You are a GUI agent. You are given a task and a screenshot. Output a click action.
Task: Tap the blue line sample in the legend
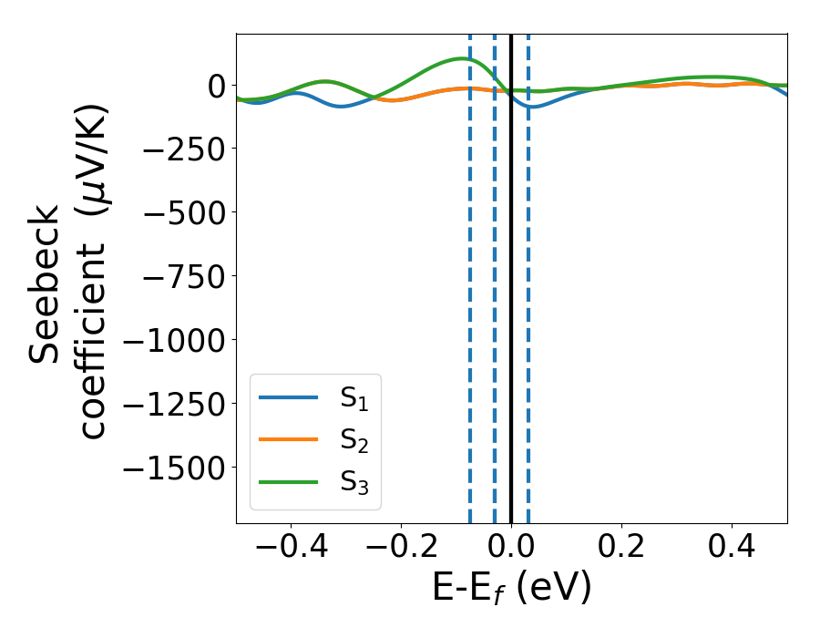pyautogui.click(x=289, y=397)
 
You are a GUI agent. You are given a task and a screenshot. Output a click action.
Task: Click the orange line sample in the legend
pyautogui.click(x=289, y=439)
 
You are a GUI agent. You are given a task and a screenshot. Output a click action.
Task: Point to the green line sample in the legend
pyautogui.click(x=289, y=481)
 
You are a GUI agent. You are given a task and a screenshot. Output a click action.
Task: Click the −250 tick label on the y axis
pyautogui.click(x=181, y=149)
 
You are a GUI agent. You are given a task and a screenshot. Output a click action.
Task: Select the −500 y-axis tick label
pyautogui.click(x=181, y=212)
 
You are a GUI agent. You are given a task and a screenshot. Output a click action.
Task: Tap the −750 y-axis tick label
pyautogui.click(x=181, y=276)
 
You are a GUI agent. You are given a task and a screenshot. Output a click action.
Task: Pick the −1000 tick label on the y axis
pyautogui.click(x=172, y=340)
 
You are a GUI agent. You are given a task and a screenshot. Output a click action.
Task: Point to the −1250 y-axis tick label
pyautogui.click(x=172, y=404)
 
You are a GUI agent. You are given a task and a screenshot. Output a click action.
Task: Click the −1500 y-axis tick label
pyautogui.click(x=172, y=468)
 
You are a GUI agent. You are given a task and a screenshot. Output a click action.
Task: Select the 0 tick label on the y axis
pyautogui.click(x=215, y=86)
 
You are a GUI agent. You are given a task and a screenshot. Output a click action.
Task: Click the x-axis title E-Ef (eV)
pyautogui.click(x=511, y=588)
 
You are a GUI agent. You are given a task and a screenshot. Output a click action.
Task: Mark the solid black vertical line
pyautogui.click(x=511, y=273)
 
